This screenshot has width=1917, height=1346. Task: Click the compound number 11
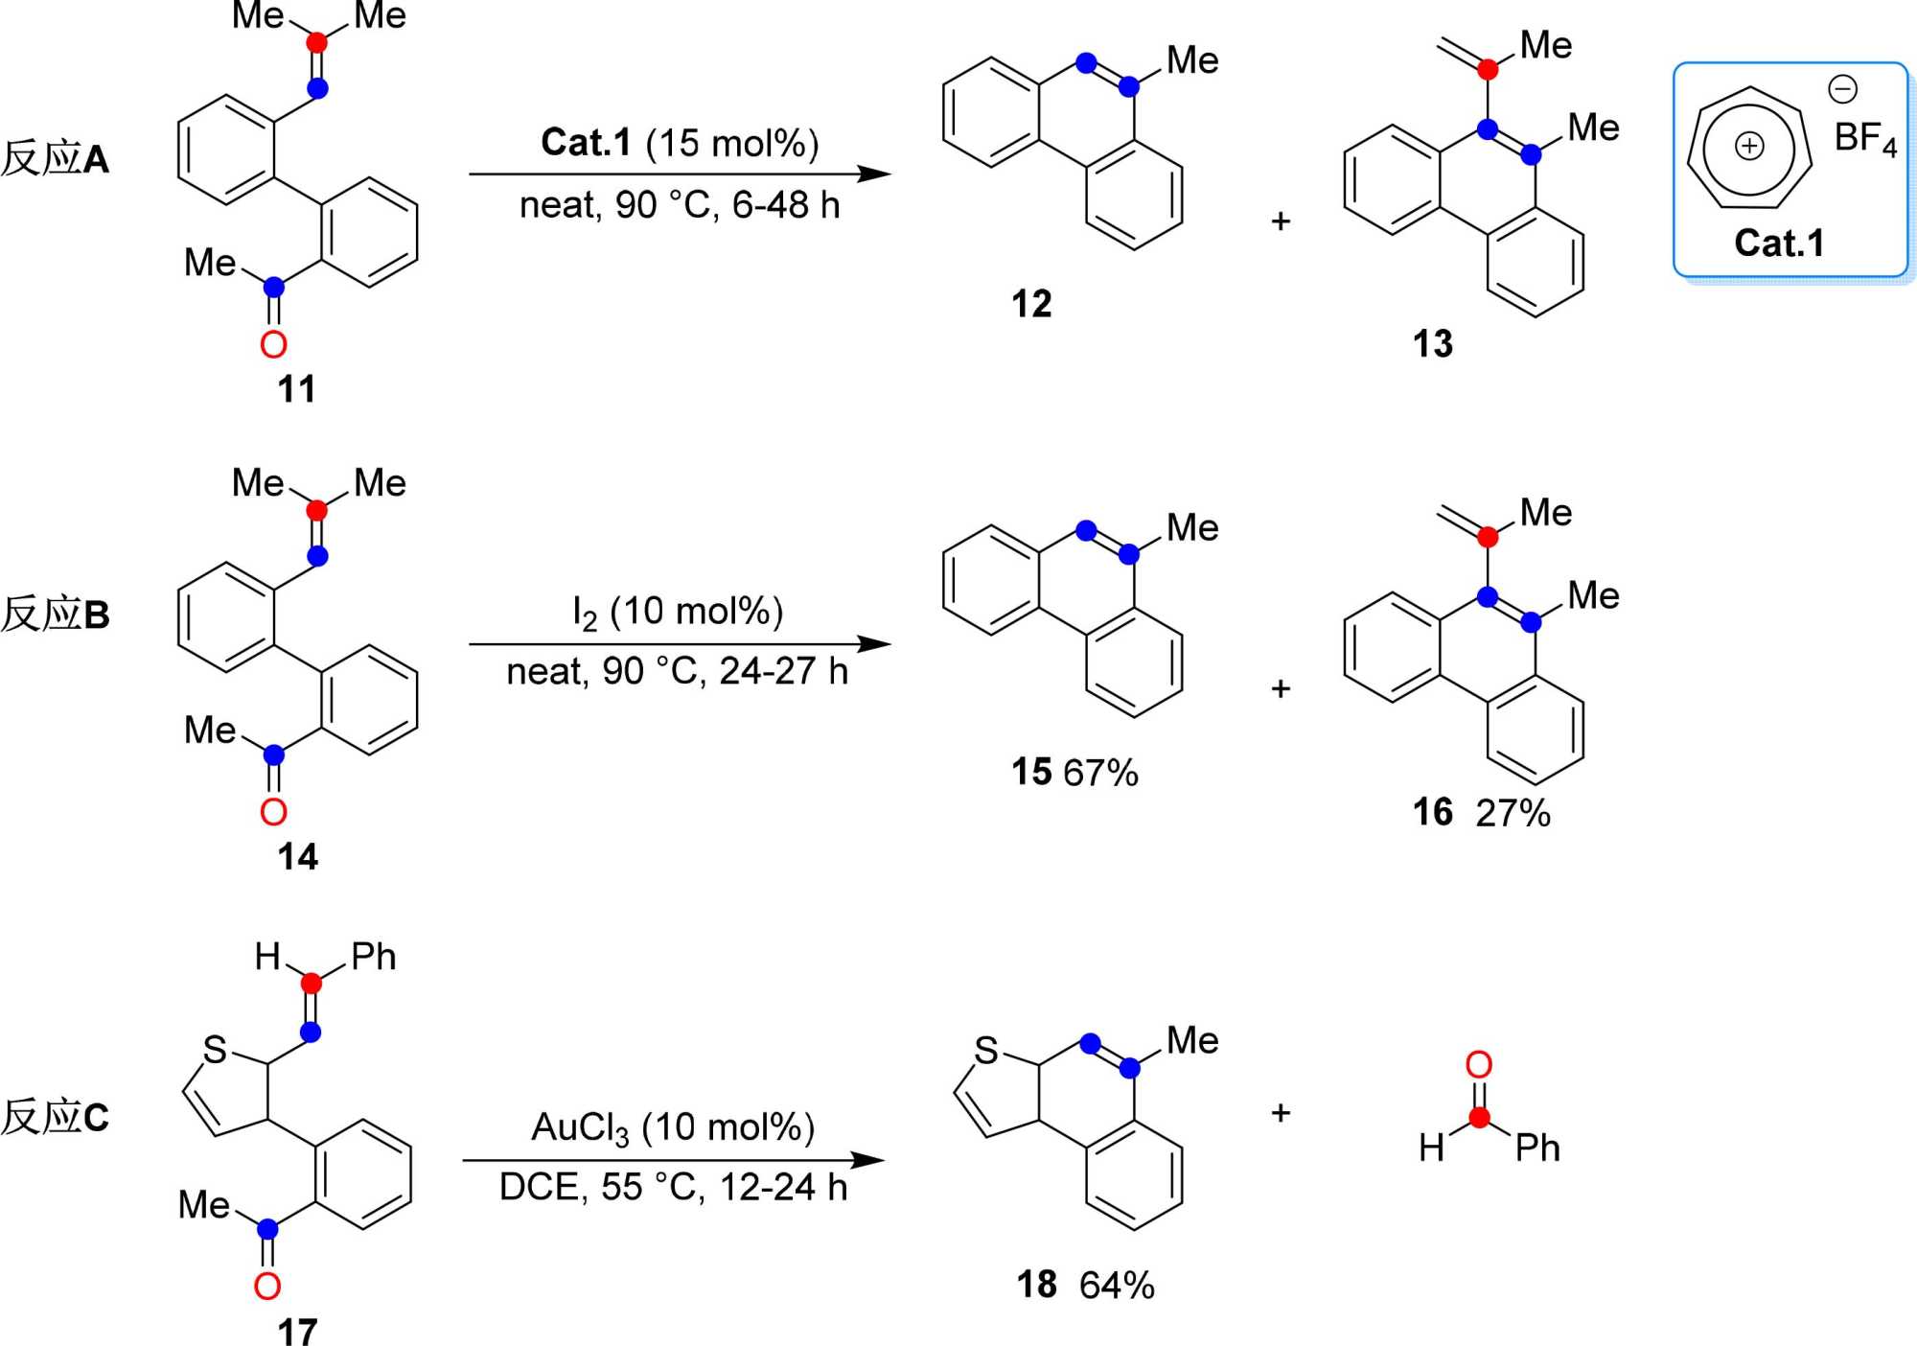coord(296,389)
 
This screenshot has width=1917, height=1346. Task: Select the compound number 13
coord(1432,343)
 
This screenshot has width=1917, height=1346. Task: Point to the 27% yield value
coord(1513,813)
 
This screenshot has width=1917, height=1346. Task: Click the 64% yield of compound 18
coord(1117,1286)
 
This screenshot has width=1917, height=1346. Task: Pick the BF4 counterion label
coord(1864,139)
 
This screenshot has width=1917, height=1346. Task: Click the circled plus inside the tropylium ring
coord(1749,146)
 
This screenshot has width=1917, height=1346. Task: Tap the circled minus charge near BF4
coord(1842,89)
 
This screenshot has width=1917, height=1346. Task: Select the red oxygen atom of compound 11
coord(273,344)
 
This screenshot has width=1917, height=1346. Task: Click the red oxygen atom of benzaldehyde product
coord(1478,1065)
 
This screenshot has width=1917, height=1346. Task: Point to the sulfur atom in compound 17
coord(215,1050)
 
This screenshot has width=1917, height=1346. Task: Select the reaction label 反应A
coord(55,158)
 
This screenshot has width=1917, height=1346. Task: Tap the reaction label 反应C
coord(55,1117)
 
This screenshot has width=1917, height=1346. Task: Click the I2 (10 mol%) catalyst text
coord(678,612)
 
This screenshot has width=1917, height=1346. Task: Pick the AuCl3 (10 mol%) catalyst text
coord(673,1128)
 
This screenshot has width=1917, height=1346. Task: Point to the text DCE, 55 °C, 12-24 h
coord(673,1188)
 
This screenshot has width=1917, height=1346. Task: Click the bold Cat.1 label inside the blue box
coord(1779,243)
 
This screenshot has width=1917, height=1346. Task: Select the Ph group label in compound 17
coord(373,956)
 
